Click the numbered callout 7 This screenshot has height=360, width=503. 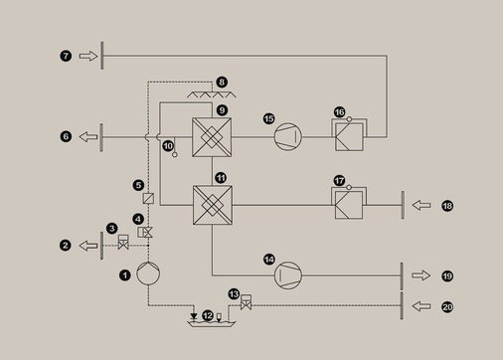point(66,57)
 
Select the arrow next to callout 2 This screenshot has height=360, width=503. point(88,244)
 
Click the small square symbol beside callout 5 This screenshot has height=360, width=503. point(148,199)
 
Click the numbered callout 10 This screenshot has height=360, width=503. point(167,146)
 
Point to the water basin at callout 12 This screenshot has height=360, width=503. point(209,320)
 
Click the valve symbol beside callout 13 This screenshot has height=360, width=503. point(245,302)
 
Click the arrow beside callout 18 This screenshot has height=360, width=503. point(422,205)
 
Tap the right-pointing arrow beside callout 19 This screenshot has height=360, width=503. point(422,274)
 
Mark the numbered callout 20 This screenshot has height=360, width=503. point(446,306)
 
